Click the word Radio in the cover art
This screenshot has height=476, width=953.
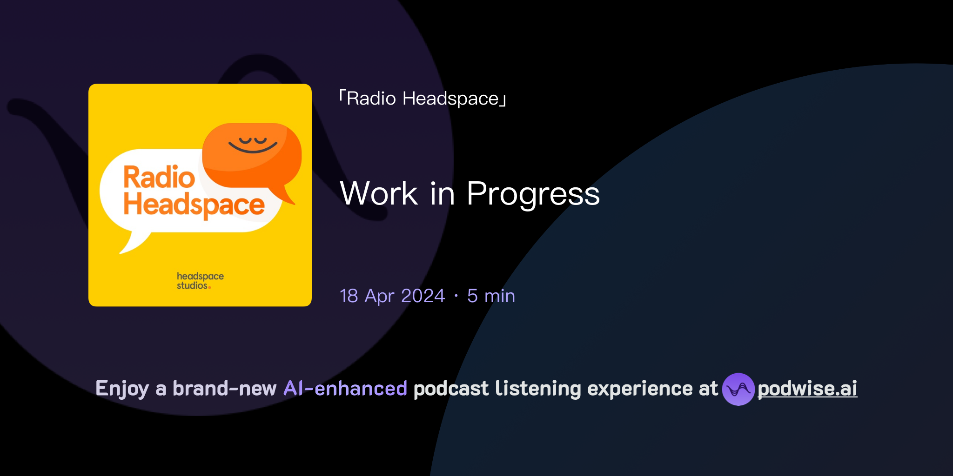[x=159, y=178]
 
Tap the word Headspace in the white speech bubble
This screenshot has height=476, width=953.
[x=194, y=205]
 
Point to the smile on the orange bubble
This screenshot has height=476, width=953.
[x=253, y=148]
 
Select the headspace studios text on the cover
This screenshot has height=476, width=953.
[x=200, y=281]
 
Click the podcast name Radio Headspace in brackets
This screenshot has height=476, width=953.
[x=423, y=99]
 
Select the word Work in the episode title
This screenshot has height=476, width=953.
[x=379, y=193]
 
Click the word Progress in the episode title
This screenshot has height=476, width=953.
[x=533, y=193]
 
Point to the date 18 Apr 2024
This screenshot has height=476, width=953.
[x=392, y=296]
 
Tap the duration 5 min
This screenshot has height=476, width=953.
[x=491, y=296]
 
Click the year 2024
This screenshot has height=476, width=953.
[x=423, y=296]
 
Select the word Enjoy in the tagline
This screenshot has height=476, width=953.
[x=122, y=389]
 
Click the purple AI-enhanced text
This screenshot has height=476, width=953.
[x=345, y=389]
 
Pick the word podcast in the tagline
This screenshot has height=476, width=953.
[x=451, y=389]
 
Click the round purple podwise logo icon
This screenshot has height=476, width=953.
[x=738, y=389]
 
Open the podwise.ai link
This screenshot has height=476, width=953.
[x=807, y=389]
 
